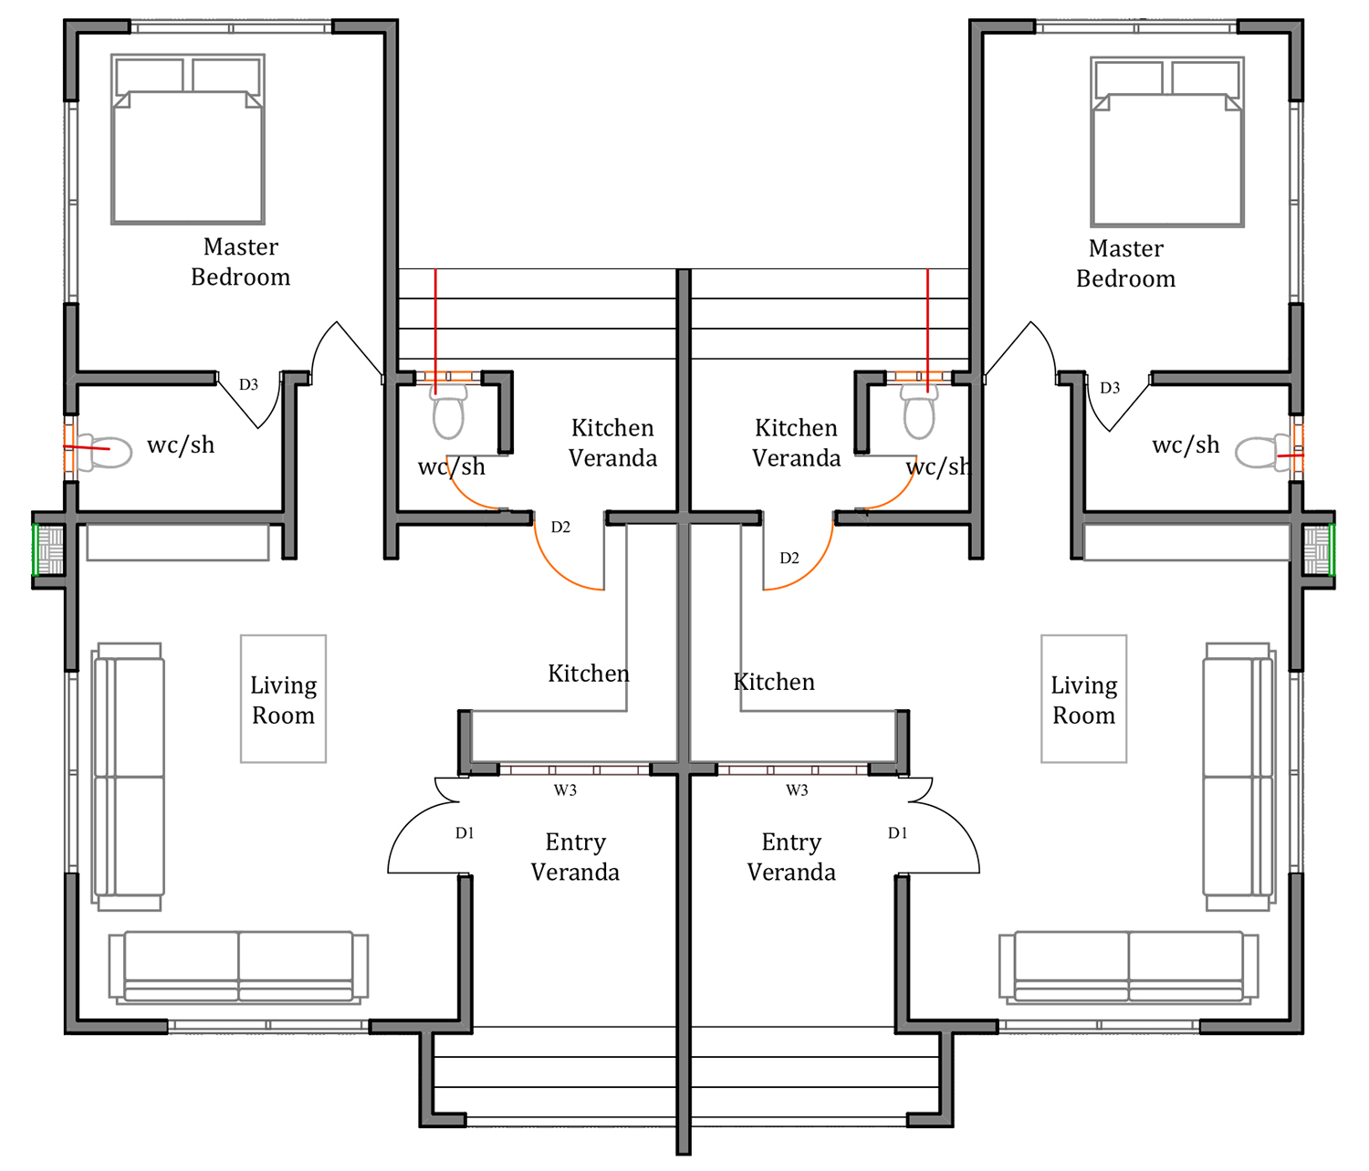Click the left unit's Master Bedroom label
click(x=240, y=262)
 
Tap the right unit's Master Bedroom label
click(x=1126, y=264)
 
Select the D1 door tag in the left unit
click(x=465, y=833)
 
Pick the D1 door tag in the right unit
click(x=897, y=833)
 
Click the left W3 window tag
click(x=565, y=789)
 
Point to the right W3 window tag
click(x=797, y=789)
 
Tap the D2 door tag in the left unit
click(x=560, y=527)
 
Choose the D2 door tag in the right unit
click(x=789, y=558)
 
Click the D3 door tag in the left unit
click(x=248, y=384)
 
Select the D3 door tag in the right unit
click(x=1110, y=388)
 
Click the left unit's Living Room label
click(x=284, y=700)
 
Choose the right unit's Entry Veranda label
click(x=791, y=857)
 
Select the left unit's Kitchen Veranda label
click(x=612, y=443)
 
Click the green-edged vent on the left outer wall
click(x=48, y=549)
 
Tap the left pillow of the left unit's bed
click(x=150, y=76)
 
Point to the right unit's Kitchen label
click(x=774, y=682)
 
